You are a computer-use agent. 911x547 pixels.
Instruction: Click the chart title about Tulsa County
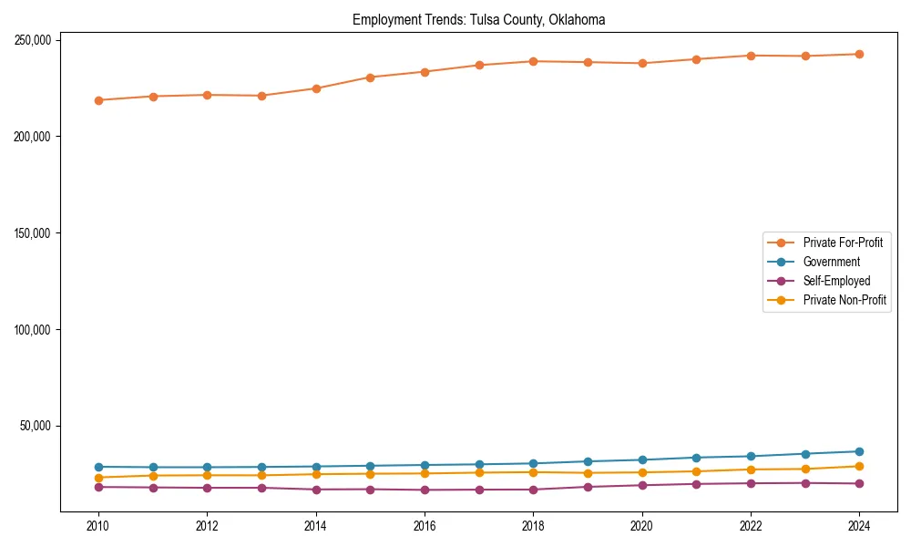tap(478, 19)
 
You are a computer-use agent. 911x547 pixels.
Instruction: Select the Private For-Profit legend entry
tap(832, 243)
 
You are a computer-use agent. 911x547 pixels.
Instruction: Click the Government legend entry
tap(831, 262)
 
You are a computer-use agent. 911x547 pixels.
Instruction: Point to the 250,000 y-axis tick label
tap(32, 40)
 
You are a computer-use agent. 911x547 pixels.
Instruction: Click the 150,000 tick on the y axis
tap(32, 233)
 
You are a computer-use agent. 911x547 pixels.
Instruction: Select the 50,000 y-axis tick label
tap(35, 426)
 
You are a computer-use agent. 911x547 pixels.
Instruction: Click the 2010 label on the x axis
tap(98, 526)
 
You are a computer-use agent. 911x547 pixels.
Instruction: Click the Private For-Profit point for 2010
tap(98, 100)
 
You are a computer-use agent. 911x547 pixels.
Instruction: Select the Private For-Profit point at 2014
tap(316, 88)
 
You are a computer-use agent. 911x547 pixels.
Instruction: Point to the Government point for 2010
tap(98, 467)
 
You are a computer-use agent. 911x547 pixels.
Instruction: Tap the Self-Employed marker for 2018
tap(533, 490)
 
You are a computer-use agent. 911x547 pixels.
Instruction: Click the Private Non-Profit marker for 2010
tap(98, 478)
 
